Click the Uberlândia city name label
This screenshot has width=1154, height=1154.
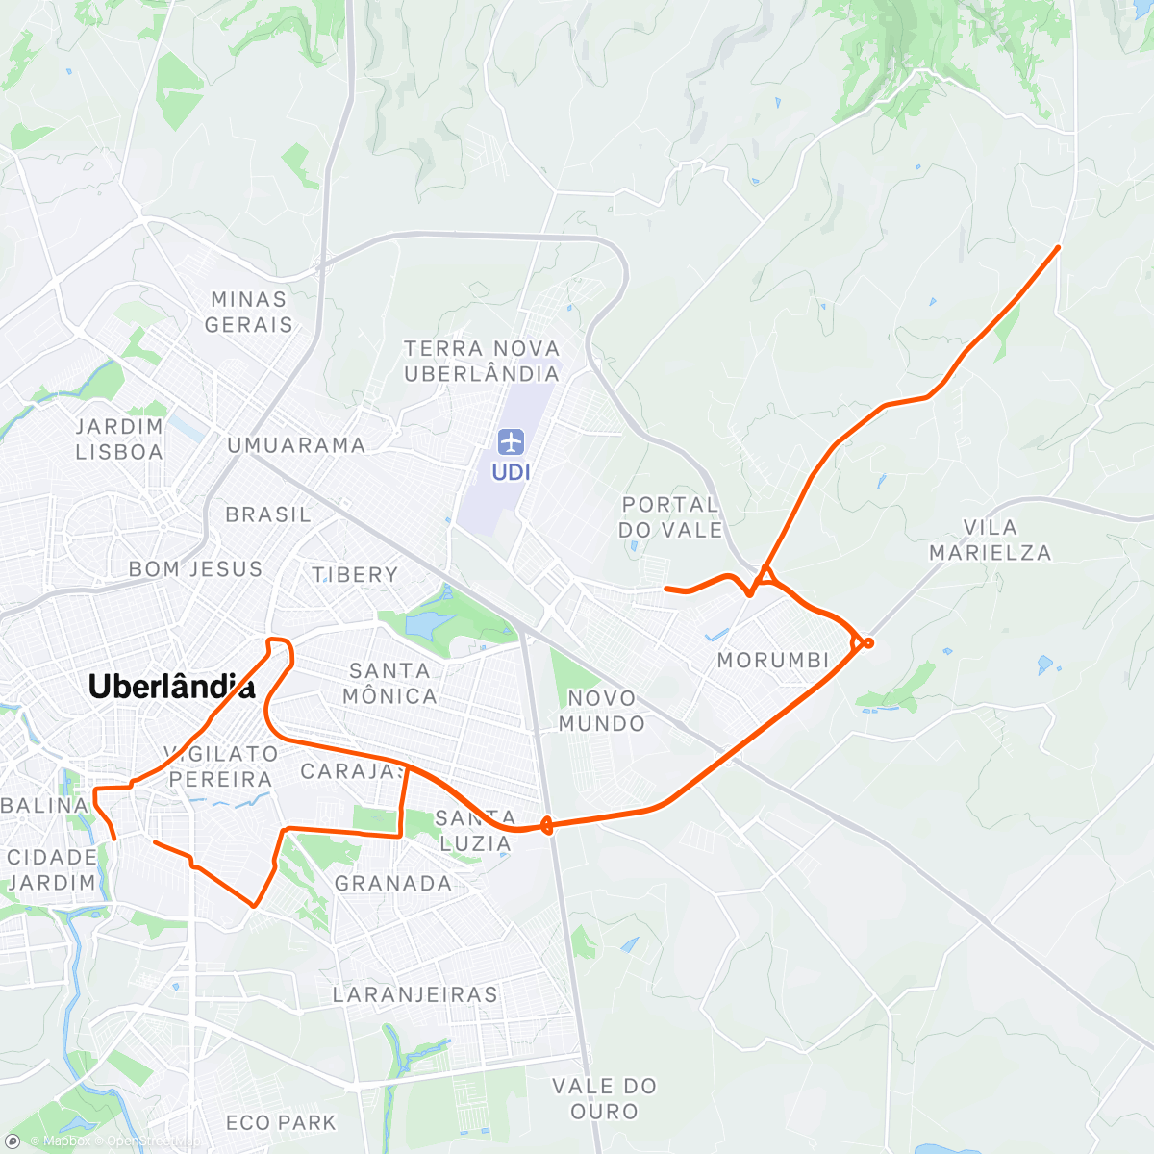(171, 687)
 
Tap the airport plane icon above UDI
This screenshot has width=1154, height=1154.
(511, 442)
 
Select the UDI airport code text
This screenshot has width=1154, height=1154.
(511, 472)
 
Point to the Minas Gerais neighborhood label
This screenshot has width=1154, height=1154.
(248, 313)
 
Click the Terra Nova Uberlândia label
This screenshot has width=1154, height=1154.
(481, 362)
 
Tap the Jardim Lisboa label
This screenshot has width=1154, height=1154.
(119, 439)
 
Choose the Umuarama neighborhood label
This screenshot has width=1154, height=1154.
(296, 445)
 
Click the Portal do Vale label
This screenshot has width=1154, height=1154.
(670, 517)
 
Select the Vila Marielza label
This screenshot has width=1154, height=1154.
(990, 539)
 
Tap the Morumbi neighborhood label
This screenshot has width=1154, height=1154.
(773, 661)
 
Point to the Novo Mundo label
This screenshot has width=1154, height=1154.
(602, 711)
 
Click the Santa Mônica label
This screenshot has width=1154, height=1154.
(389, 683)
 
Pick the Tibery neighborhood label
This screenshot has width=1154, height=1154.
(355, 575)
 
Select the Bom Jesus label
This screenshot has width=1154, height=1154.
(195, 569)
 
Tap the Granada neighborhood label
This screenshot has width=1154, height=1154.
(393, 883)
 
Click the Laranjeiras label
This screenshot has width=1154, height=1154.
(415, 994)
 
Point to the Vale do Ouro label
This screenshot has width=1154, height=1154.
(604, 1098)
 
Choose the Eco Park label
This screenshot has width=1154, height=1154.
(281, 1122)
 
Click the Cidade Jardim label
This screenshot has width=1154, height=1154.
(52, 869)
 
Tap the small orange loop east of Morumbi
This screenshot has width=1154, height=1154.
(867, 642)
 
